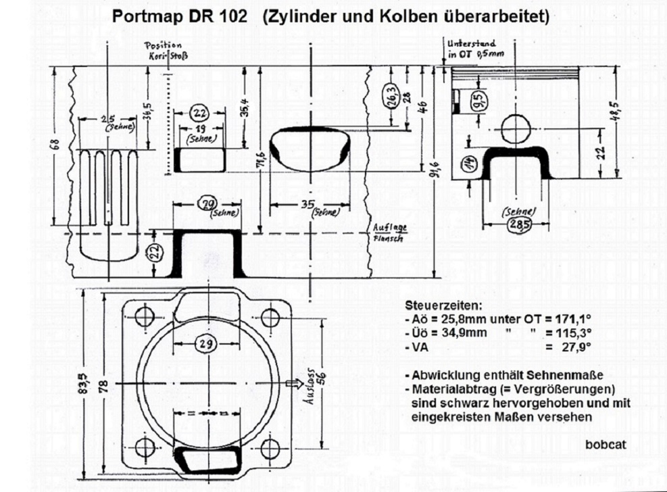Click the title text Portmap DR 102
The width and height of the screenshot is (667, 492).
178,16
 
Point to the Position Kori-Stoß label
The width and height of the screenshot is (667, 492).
166,51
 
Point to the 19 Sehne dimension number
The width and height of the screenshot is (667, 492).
200,128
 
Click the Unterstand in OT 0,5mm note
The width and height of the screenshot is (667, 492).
472,49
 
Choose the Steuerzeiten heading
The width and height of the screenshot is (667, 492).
440,305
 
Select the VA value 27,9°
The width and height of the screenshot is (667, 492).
576,347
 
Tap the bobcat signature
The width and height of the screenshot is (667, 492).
606,444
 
